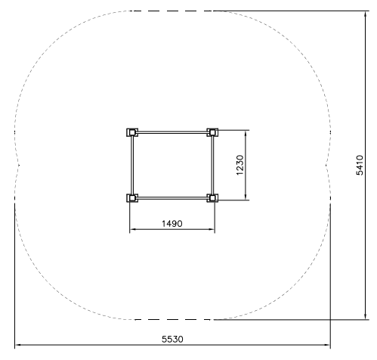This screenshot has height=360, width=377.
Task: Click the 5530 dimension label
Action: pos(172,339)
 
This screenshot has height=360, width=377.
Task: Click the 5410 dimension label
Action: pos(360,165)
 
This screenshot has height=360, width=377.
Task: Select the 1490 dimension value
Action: pos(172,223)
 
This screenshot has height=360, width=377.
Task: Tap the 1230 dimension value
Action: pos(240,165)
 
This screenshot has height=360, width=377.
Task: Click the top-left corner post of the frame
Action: pos(132,132)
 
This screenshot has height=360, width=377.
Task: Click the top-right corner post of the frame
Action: pos(212,132)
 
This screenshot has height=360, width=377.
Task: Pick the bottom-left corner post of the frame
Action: pos(132,198)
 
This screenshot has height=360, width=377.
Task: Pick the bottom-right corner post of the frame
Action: pos(212,198)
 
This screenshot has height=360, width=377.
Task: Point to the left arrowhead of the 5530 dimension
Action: pos(18,345)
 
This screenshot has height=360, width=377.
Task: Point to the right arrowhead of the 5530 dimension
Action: pos(327,345)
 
